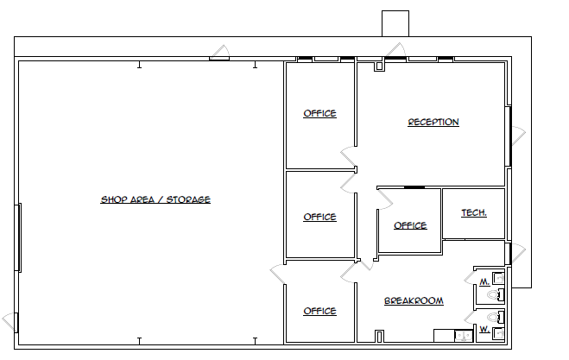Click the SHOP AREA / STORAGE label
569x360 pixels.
coord(155,199)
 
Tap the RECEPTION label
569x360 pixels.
coord(433,122)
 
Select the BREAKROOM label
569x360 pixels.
coord(414,300)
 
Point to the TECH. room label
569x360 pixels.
coord(473,212)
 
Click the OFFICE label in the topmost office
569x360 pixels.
coord(319,113)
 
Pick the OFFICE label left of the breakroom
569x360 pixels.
coord(319,311)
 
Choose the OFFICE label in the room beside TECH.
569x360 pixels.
coord(410,225)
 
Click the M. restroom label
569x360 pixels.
coord(484,282)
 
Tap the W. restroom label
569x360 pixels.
coord(484,330)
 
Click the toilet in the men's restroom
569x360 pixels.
coord(496,295)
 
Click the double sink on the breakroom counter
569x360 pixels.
coord(446,336)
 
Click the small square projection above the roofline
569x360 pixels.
coord(395,23)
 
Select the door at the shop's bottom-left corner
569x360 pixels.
coord(10,321)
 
